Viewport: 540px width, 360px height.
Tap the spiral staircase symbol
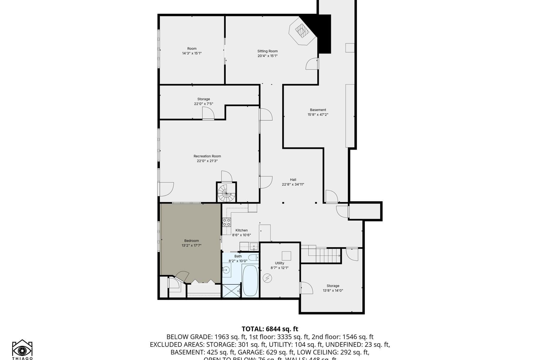(x=226, y=193)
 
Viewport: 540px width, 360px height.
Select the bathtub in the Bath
(x=250, y=280)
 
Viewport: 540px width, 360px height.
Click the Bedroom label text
(x=191, y=241)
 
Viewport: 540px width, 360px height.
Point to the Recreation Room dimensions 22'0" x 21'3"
(x=207, y=161)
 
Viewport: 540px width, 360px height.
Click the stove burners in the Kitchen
(x=226, y=222)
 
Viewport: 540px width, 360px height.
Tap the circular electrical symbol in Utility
(x=267, y=278)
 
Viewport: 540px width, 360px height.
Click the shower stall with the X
(x=231, y=291)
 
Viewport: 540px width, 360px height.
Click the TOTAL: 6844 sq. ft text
(x=270, y=329)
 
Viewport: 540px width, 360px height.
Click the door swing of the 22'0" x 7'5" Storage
(x=208, y=113)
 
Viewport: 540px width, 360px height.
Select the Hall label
(x=293, y=180)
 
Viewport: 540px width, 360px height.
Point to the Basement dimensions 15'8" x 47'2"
(x=318, y=115)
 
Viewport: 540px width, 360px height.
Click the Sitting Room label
(x=267, y=51)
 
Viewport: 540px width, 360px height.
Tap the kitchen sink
(x=254, y=247)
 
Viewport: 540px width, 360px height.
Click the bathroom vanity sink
(x=226, y=270)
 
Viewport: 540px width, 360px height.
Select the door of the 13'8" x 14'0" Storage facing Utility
(x=306, y=288)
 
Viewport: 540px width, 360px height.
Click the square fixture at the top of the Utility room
(x=286, y=256)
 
